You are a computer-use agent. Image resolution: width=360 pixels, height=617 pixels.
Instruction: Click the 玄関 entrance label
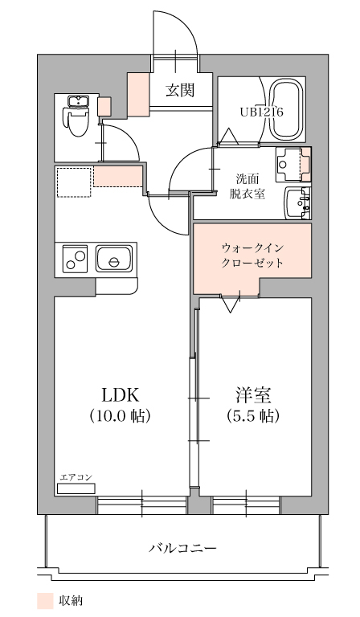(180, 91)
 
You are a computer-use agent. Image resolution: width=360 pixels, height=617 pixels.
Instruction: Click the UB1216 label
(262, 112)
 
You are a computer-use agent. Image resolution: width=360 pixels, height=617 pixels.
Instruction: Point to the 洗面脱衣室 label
(247, 186)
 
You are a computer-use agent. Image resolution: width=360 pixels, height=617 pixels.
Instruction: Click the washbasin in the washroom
(298, 203)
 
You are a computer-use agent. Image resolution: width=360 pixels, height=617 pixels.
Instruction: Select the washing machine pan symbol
(293, 164)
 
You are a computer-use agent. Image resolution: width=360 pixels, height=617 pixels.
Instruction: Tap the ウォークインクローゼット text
(252, 255)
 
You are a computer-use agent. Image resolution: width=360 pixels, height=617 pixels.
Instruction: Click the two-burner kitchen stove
(75, 259)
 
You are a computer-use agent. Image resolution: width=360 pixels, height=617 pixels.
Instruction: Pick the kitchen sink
(114, 259)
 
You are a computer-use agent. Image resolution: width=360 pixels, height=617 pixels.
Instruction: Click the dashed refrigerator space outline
(74, 182)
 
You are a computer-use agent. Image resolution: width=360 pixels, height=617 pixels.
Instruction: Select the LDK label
(120, 394)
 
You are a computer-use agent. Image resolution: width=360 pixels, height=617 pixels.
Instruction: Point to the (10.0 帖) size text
(120, 415)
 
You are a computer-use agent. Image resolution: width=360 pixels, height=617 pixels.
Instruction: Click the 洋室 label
(253, 394)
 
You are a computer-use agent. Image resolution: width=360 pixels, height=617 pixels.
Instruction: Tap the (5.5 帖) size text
(253, 415)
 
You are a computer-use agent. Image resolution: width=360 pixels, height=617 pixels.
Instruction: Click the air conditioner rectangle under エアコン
(76, 488)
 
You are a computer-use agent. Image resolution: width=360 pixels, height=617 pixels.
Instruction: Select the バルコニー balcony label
(182, 547)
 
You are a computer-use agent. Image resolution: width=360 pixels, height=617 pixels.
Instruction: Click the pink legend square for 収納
(45, 601)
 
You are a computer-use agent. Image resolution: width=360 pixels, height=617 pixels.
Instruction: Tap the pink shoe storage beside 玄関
(138, 95)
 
